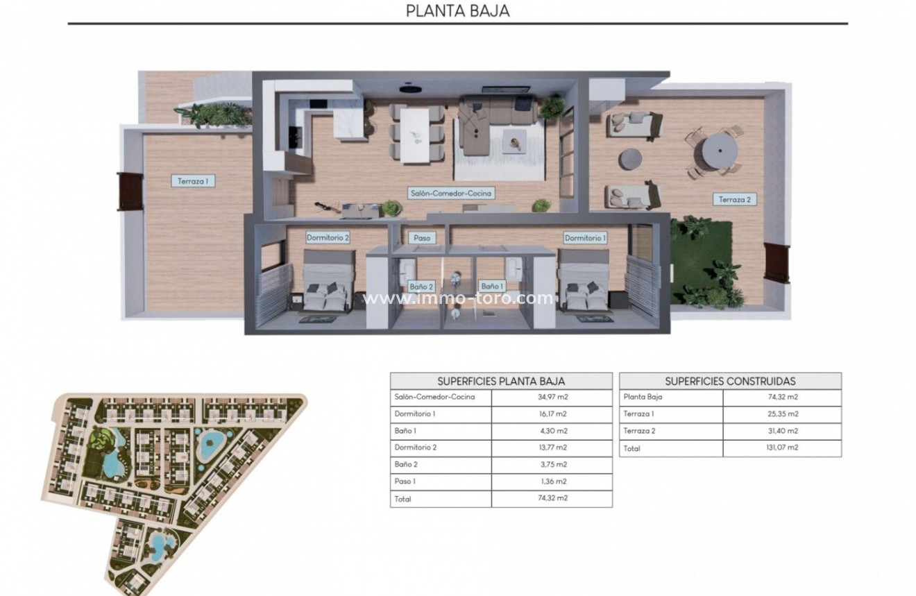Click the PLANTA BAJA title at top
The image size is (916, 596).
tap(457, 10)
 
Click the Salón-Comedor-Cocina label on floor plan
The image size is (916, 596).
tap(450, 194)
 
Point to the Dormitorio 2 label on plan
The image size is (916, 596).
tap(328, 237)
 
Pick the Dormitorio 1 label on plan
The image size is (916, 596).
tap(585, 238)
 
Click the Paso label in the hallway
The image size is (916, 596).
tap(422, 238)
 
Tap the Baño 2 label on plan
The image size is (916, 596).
tap(421, 286)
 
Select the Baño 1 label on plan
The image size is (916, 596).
tap(491, 286)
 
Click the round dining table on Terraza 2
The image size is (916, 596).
tap(715, 150)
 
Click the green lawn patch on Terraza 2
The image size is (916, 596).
tap(701, 264)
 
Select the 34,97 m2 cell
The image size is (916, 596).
tap(552, 398)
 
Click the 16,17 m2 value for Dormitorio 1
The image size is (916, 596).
tap(552, 414)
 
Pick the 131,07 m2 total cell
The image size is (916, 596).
tap(782, 448)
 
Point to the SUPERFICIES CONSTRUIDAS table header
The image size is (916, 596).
tap(730, 381)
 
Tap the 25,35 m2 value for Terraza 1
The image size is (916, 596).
tap(782, 414)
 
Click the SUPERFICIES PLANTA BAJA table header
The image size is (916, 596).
tap(501, 381)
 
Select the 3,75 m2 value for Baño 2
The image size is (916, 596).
tap(552, 465)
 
